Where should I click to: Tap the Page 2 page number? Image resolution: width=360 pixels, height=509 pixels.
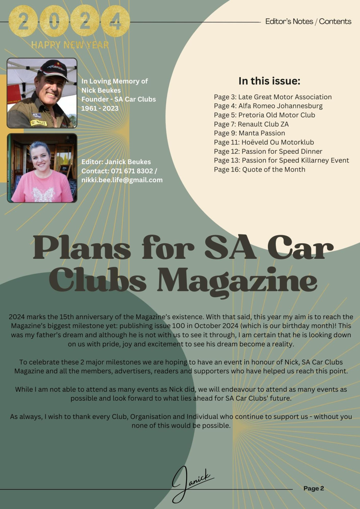point(314,488)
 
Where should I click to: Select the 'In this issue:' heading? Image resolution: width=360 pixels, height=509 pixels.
point(269,81)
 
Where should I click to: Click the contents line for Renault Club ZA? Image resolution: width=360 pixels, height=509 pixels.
point(251,124)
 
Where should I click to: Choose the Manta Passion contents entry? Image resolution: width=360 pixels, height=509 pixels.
point(249,133)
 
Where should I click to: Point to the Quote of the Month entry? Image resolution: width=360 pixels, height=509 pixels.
point(260,170)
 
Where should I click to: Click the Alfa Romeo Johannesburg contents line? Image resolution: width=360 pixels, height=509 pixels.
point(268,106)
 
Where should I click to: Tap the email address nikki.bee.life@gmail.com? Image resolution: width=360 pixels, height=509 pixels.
point(122,180)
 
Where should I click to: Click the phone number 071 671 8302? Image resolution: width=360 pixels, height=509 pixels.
point(132,171)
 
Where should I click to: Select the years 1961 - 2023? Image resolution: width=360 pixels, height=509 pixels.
point(100,108)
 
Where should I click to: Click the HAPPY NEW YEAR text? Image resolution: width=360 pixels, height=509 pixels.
point(70,45)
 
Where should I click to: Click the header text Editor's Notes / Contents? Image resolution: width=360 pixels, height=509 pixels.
point(308,22)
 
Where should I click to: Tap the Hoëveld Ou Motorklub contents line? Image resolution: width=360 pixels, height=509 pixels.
point(264,142)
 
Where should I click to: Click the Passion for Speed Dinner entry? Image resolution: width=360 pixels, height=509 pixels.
point(268,151)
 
